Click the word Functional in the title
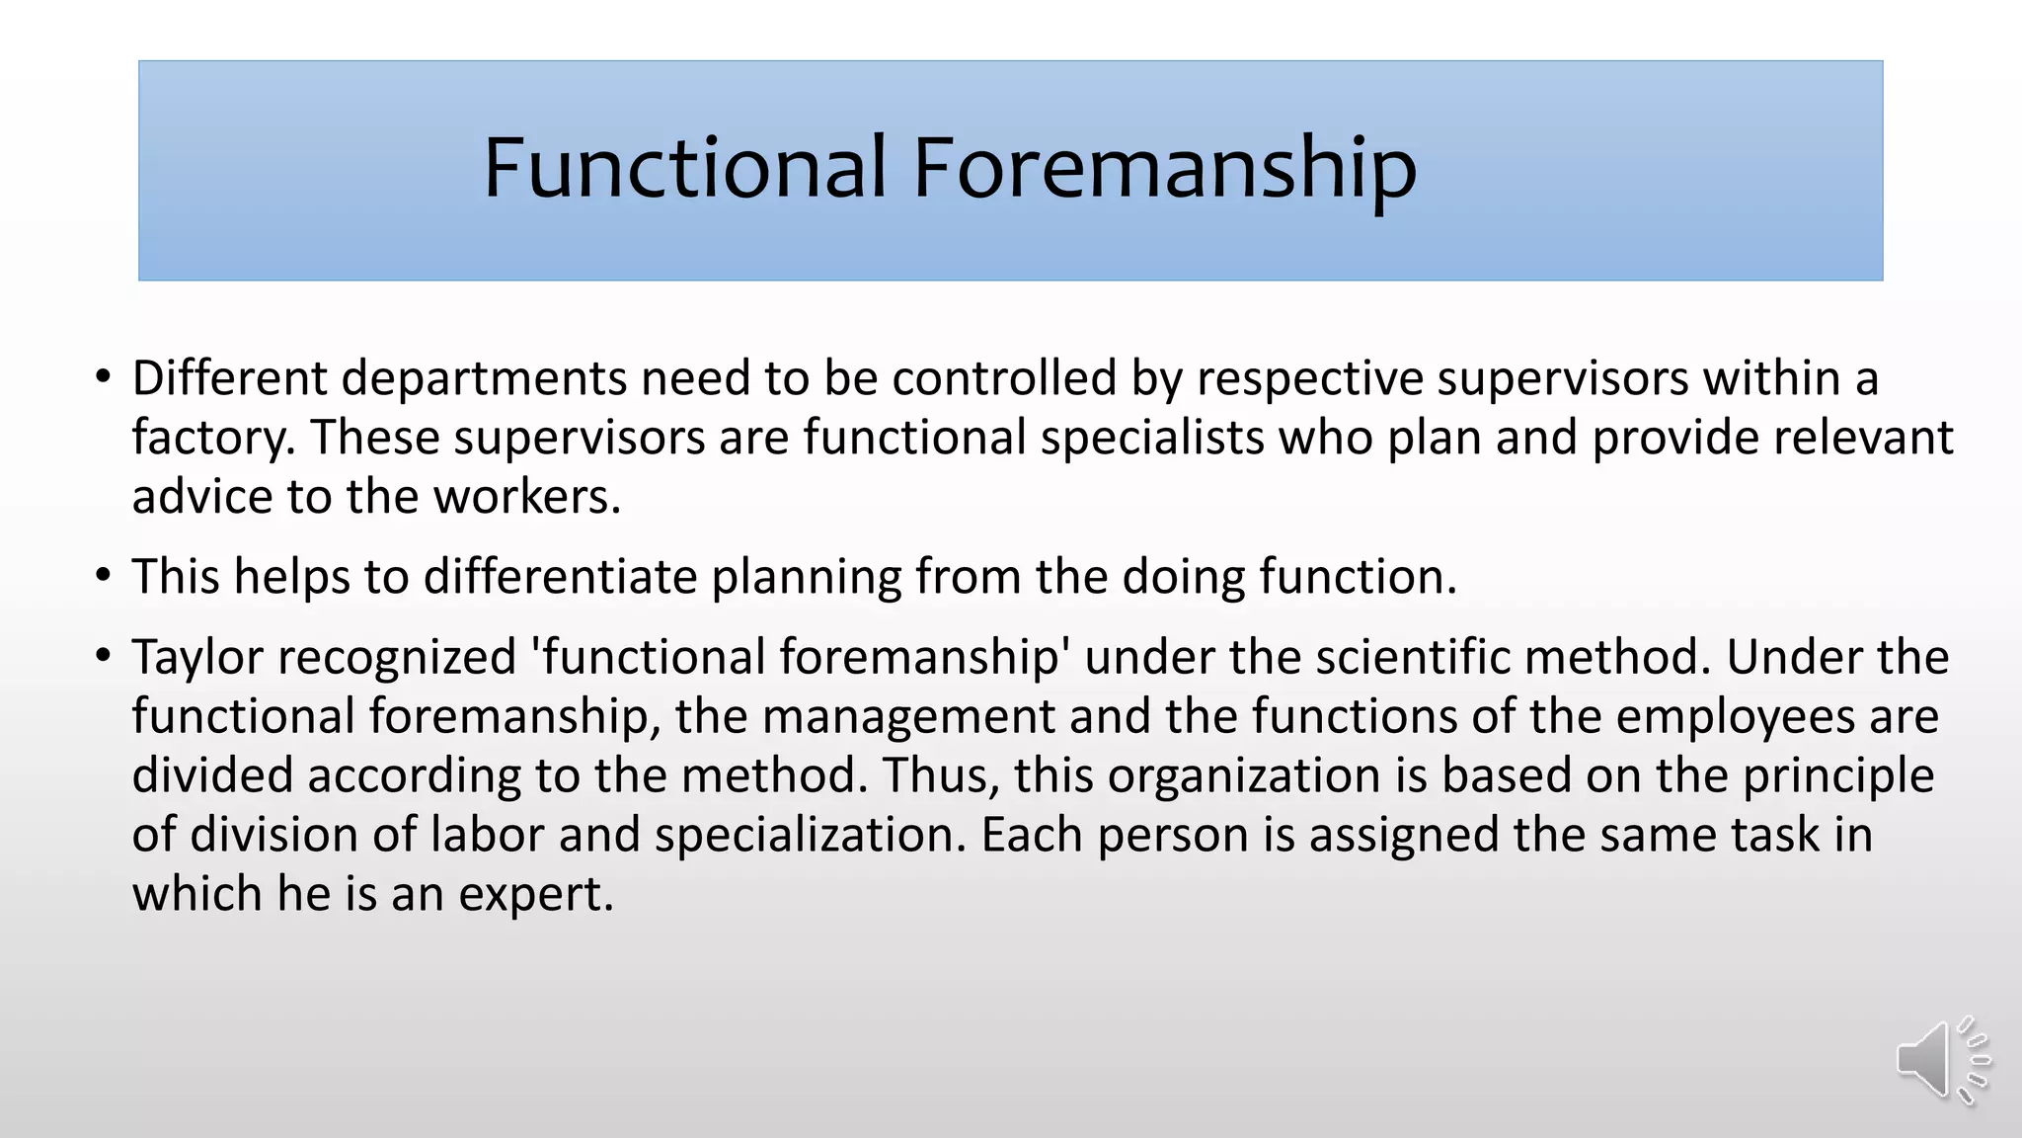[684, 168]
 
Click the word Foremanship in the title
[1165, 168]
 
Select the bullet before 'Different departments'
[104, 378]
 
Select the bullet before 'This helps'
[104, 577]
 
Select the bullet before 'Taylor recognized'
[104, 657]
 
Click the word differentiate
[561, 577]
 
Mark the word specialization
[810, 836]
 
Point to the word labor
[487, 835]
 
